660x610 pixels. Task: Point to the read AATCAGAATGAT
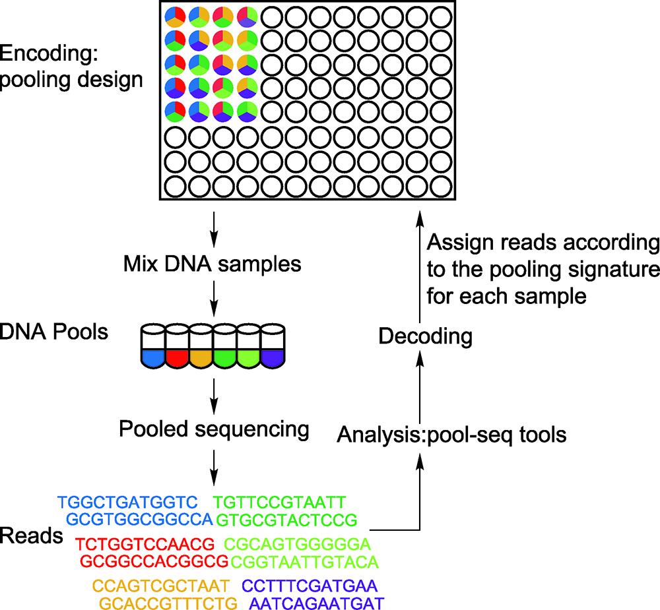[317, 603]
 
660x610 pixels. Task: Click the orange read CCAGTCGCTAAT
[160, 586]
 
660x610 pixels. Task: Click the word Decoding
[425, 336]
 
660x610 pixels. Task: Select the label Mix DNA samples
[212, 264]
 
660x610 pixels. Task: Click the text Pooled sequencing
[214, 429]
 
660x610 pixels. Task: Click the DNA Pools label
[54, 331]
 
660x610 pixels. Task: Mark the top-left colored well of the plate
[175, 16]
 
